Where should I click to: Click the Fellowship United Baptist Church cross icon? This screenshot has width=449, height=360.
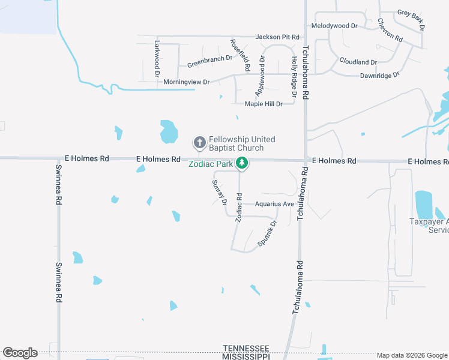199,143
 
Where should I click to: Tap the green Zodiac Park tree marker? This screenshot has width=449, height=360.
242,163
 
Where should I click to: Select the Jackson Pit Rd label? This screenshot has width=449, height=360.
277,37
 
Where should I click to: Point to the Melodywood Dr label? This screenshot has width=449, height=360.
334,26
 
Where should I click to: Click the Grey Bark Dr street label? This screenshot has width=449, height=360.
411,19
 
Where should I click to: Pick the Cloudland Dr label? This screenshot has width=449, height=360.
358,62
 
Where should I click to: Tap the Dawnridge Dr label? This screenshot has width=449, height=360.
379,76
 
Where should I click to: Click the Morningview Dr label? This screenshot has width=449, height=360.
187,82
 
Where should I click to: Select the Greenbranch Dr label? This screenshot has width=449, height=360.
209,61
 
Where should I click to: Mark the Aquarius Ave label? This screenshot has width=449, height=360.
274,204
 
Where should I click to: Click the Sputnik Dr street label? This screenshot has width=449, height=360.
267,234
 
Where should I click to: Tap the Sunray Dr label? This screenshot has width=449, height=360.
218,192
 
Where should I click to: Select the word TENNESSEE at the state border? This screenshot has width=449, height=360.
246,348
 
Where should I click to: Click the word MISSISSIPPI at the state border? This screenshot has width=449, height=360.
246,356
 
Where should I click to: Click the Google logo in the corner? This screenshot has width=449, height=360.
20,353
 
